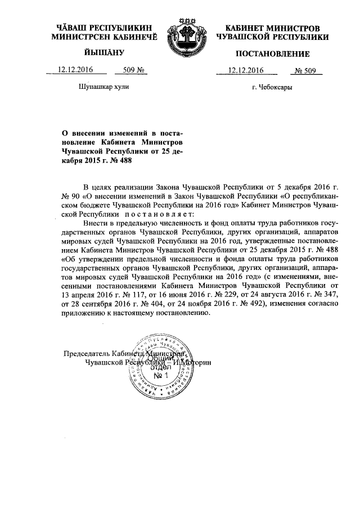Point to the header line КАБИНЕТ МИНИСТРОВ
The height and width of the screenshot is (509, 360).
272,28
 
